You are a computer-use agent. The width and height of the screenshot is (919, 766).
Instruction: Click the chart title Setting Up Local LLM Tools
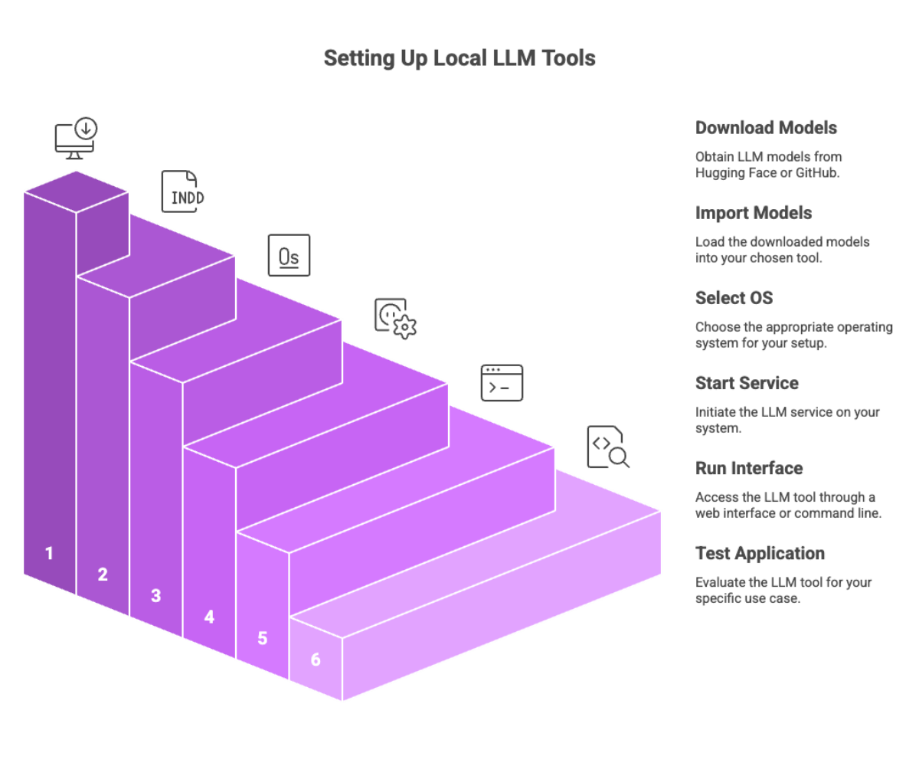coord(459,58)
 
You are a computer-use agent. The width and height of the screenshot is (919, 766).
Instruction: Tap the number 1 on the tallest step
coord(50,553)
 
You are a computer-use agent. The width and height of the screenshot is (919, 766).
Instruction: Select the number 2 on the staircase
coord(103,574)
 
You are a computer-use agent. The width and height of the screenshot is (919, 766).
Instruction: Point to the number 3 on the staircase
coord(156,595)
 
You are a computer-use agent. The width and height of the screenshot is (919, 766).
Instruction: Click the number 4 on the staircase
coord(209,616)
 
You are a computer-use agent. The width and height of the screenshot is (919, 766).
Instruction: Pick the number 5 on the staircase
coord(263,637)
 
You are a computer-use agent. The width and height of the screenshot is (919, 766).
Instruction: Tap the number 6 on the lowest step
coord(316,659)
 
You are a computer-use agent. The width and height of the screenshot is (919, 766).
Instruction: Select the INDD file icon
coord(183,191)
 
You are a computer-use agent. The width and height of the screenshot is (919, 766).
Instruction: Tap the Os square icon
coord(289,255)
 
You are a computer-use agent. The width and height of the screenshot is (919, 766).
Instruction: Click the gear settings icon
coord(395,318)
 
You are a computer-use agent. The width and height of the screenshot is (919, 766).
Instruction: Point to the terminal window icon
coord(502,382)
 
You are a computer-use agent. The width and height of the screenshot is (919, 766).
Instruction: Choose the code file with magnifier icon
coord(608,447)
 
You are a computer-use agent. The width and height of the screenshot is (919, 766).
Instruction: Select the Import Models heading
coord(754,212)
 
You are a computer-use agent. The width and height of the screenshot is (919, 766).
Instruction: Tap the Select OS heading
coord(733,297)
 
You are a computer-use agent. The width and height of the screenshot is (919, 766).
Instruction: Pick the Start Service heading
coord(747,382)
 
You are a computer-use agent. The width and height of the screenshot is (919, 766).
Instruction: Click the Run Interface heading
coord(749,468)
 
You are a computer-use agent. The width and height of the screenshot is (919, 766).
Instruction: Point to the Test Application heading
coord(760,553)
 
